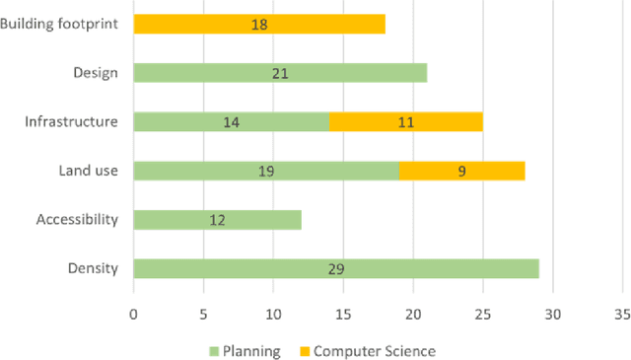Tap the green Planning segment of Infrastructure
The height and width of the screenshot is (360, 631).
(x=231, y=121)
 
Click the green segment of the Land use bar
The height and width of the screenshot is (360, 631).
(x=266, y=171)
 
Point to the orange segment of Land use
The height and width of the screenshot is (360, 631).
(x=461, y=171)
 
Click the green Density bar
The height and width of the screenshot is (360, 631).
(x=335, y=268)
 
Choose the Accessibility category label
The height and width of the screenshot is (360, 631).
(x=77, y=219)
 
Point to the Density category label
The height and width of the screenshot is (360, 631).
(x=94, y=268)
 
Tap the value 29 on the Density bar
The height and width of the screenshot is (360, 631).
(x=336, y=268)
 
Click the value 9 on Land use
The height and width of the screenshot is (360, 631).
(x=461, y=171)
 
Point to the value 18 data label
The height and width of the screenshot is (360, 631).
(x=259, y=24)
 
